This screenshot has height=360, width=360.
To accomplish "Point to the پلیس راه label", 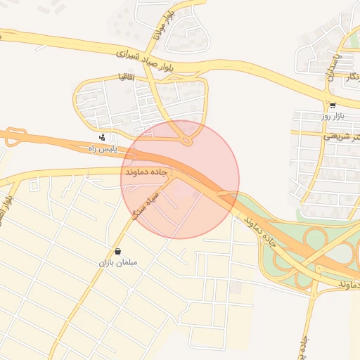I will click(99, 149).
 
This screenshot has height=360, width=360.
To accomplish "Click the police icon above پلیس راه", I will click(103, 137).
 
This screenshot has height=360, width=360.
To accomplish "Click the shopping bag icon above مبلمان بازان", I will click(117, 251).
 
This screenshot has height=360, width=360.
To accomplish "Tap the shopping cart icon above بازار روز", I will click(333, 105).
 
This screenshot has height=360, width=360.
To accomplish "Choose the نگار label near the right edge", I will click(349, 77).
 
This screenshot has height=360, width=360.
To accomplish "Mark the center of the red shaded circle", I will click(180, 179).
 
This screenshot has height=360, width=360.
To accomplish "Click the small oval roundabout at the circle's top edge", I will click(186, 141).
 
